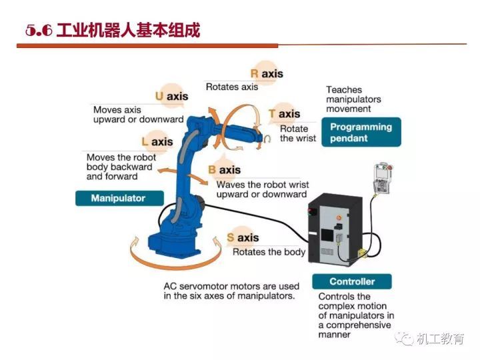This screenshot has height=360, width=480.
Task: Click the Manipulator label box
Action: pos(118,198)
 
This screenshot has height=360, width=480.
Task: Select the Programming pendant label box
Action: pos(361,132)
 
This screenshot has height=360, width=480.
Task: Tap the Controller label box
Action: pos(351,281)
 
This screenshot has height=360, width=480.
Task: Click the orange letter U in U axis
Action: pos(159,96)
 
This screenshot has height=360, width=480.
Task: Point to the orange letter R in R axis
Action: pos(254,73)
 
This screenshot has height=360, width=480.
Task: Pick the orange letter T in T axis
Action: pos(272,114)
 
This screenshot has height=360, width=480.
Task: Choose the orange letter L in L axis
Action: pos(145,141)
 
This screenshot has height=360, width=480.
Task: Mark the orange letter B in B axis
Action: pos(212,170)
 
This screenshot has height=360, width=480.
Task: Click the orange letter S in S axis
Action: pos(230,238)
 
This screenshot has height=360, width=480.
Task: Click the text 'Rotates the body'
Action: pos(269,252)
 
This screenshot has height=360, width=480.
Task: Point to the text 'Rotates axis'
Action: pos(231,87)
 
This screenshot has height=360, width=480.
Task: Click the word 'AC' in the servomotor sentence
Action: pos(170,285)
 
